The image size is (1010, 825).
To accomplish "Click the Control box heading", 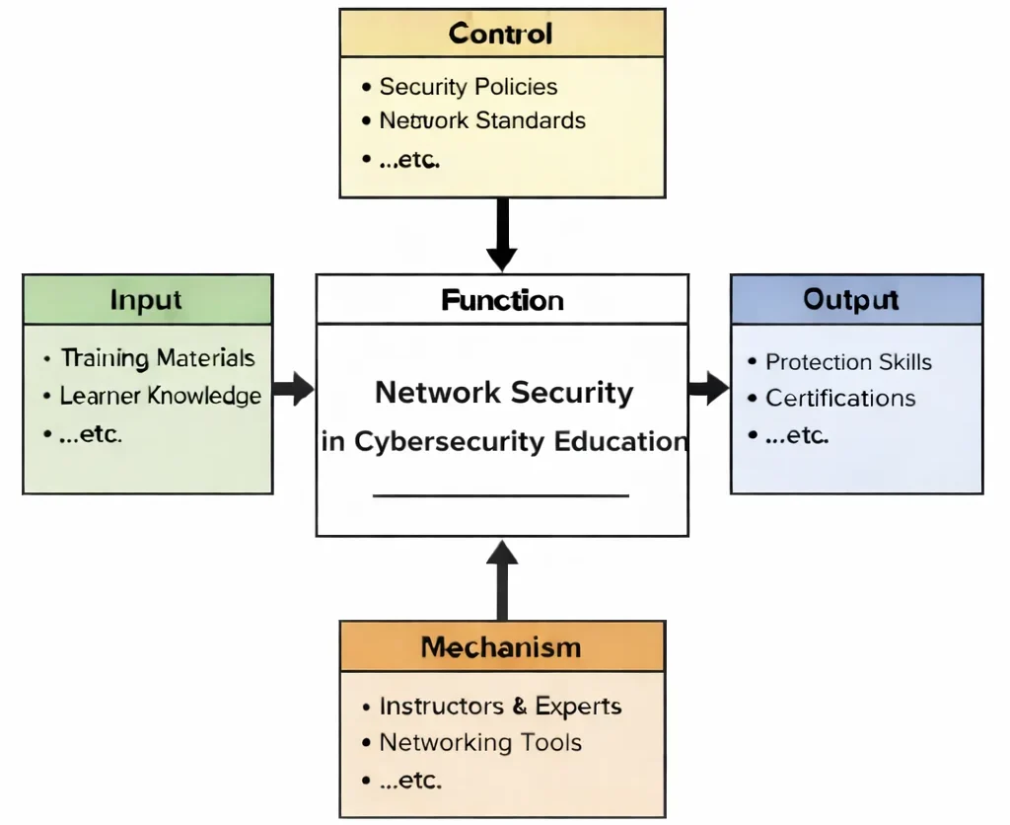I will pyautogui.click(x=501, y=34).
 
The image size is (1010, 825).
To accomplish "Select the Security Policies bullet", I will pyautogui.click(x=469, y=87).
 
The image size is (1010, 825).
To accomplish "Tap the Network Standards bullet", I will pyautogui.click(x=482, y=121).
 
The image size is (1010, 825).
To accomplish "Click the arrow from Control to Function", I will pyautogui.click(x=502, y=233).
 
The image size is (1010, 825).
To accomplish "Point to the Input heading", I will pyautogui.click(x=146, y=300).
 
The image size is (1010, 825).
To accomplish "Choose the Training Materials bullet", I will pyautogui.click(x=158, y=358).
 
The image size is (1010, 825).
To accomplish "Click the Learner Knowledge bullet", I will pyautogui.click(x=161, y=397).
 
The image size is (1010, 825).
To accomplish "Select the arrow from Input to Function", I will pyautogui.click(x=293, y=389).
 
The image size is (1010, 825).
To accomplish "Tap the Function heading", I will pyautogui.click(x=502, y=300).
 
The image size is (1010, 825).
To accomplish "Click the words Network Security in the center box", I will pyautogui.click(x=504, y=393).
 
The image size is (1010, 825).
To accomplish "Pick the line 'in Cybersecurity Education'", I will pyautogui.click(x=504, y=441).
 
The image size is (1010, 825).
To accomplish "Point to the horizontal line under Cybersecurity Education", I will pyautogui.click(x=501, y=495).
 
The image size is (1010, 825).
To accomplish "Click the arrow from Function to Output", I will pyautogui.click(x=708, y=388).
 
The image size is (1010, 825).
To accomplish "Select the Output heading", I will pyautogui.click(x=850, y=300).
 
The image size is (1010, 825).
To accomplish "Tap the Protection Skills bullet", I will pyautogui.click(x=848, y=362).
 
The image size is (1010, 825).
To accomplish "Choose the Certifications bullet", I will pyautogui.click(x=840, y=399).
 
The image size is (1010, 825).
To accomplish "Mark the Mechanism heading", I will pyautogui.click(x=501, y=647).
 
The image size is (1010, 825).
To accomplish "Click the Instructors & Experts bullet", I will pyautogui.click(x=500, y=707).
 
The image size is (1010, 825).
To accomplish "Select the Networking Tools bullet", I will pyautogui.click(x=480, y=743).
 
